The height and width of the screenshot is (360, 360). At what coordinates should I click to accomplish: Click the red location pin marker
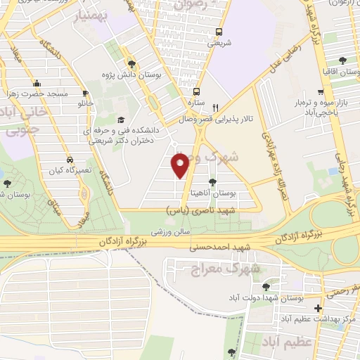click(181, 165)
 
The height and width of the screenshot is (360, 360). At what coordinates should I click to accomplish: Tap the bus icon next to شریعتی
click(218, 31)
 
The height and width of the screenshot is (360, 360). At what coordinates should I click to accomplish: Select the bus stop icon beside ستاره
click(196, 91)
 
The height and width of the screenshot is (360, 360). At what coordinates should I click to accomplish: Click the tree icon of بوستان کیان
click(6, 184)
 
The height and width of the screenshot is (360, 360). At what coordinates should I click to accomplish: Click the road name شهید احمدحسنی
click(220, 247)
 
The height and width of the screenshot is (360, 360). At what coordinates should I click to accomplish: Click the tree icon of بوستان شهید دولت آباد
click(265, 287)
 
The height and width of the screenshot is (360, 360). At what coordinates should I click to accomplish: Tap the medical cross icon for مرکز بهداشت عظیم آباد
click(319, 308)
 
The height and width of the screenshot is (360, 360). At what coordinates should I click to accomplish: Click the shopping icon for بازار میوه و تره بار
click(320, 91)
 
